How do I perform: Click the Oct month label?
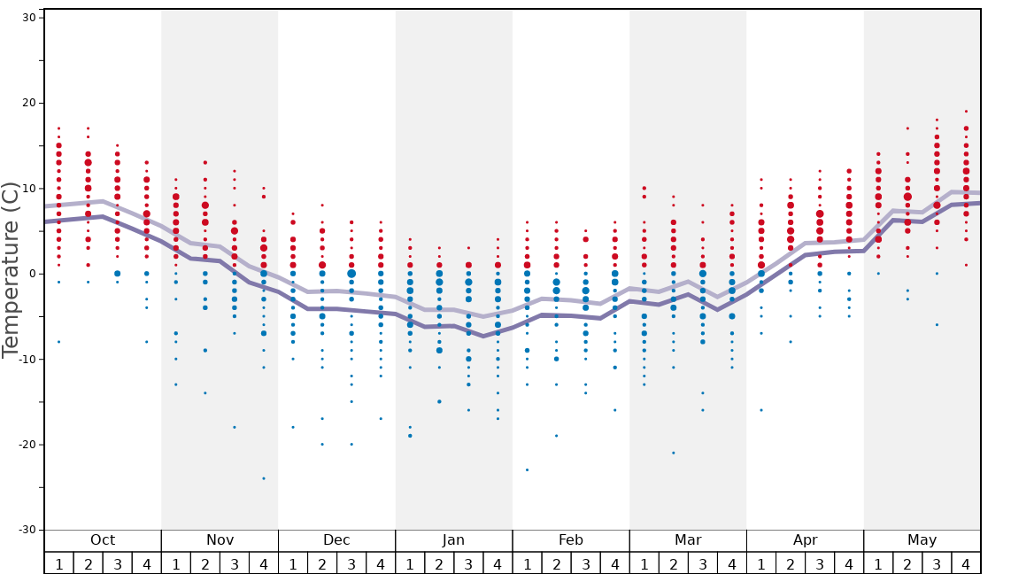pos(103,540)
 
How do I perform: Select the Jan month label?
pos(453,540)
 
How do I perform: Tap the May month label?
pos(922,540)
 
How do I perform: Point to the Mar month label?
pos(688,540)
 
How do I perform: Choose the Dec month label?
pos(336,540)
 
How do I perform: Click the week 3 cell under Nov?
pos(235,563)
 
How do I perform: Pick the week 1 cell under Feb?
pos(527,563)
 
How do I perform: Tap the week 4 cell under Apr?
pos(849,563)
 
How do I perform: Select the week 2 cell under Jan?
pos(439,563)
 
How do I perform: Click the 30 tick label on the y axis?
pos(27,18)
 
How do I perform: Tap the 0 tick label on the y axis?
pos(31,274)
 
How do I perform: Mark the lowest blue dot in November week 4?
pos(264,478)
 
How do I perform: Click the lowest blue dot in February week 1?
pos(527,469)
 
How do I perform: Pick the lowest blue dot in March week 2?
pos(673,453)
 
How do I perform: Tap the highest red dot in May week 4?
pos(966,112)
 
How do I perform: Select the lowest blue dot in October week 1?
pos(58,342)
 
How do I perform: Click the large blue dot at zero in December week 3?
pos(351,274)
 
